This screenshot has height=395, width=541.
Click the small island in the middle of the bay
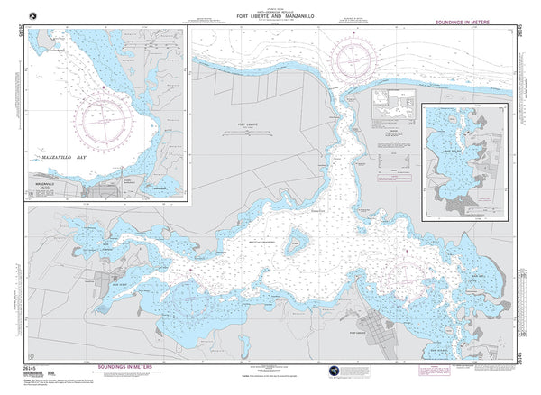(294, 243)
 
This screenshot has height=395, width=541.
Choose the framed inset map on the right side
(464, 160)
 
